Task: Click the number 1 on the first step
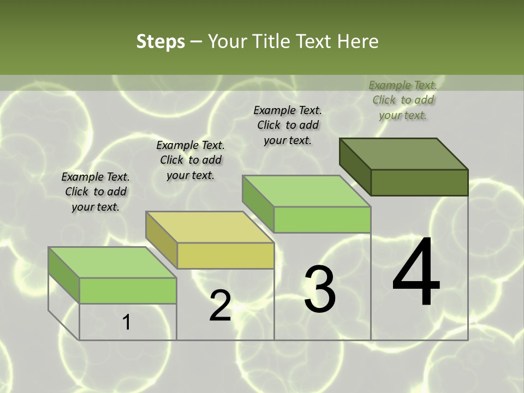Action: [127, 322]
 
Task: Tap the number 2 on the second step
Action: [220, 306]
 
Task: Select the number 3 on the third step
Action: [320, 289]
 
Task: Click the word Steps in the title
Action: [160, 41]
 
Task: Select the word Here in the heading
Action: [358, 41]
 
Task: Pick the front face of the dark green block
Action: [419, 182]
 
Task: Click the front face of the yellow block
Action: [225, 255]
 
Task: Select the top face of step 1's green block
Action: [112, 263]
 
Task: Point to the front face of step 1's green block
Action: [128, 290]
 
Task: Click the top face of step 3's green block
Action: [306, 191]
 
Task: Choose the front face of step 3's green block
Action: [322, 219]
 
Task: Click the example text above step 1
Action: [96, 192]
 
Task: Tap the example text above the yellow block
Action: [190, 160]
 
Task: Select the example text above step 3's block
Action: [288, 125]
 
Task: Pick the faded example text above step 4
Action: [403, 100]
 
